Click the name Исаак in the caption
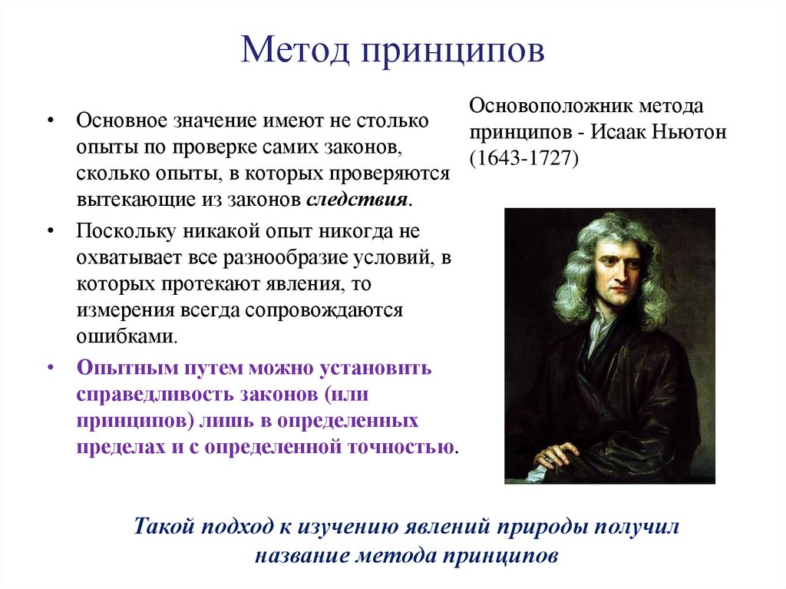coord(623,132)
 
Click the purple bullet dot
coord(50,368)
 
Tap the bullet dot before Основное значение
coord(50,121)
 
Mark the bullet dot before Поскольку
coord(50,231)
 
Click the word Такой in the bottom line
coord(165,528)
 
